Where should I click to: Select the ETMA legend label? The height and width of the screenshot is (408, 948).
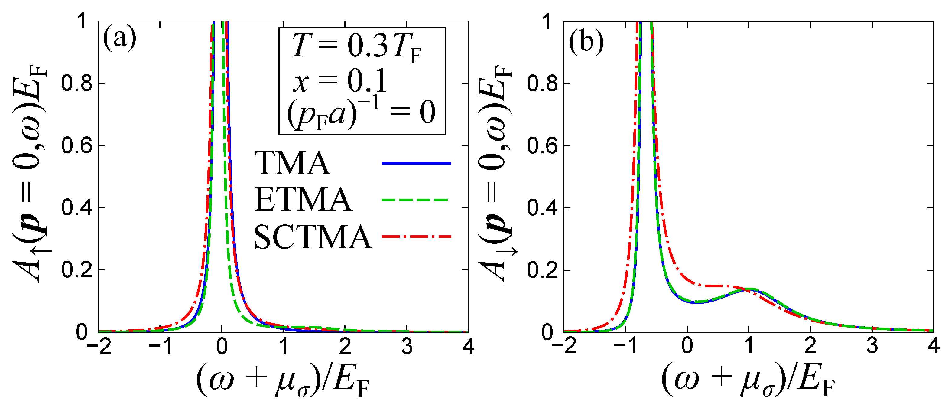click(x=303, y=200)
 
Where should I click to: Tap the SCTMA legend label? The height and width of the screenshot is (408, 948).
click(x=313, y=237)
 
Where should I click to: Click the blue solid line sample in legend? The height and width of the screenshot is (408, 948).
click(x=416, y=163)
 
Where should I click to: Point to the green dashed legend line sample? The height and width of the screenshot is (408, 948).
click(x=415, y=200)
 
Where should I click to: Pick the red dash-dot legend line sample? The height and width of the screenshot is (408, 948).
click(x=416, y=237)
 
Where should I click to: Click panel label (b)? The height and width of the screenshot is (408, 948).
click(x=586, y=42)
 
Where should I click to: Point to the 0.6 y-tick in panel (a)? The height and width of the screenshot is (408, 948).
click(x=76, y=145)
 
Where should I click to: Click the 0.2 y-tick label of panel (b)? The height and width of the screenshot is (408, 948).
click(x=542, y=270)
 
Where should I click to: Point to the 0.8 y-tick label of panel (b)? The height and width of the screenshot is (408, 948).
click(x=542, y=83)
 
